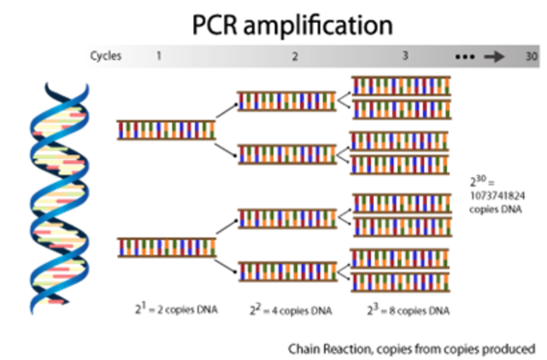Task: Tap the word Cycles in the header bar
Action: tap(106, 56)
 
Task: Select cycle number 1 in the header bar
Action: tap(158, 56)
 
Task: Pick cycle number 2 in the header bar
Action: tap(295, 56)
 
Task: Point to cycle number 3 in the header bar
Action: tap(405, 56)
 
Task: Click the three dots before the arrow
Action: tap(464, 56)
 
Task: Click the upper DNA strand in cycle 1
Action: tap(166, 130)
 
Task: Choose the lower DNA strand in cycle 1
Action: tap(166, 248)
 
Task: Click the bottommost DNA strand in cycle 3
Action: tap(402, 283)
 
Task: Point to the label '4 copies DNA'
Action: tap(291, 310)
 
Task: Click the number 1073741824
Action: tap(498, 196)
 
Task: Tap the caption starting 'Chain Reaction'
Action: tap(411, 348)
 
